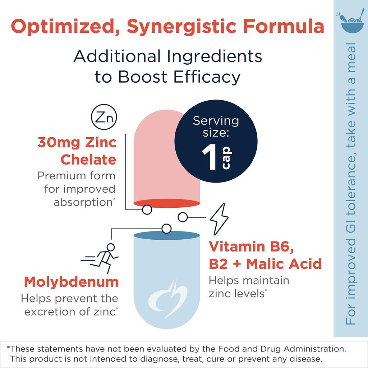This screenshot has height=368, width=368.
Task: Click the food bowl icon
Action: click(x=350, y=22)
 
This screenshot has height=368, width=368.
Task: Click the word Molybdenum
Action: click(x=71, y=282)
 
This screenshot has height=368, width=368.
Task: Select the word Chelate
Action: click(x=88, y=160)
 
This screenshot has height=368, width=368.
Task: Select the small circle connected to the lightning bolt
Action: click(x=183, y=217)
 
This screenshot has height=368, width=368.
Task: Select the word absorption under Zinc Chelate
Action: click(x=83, y=202)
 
